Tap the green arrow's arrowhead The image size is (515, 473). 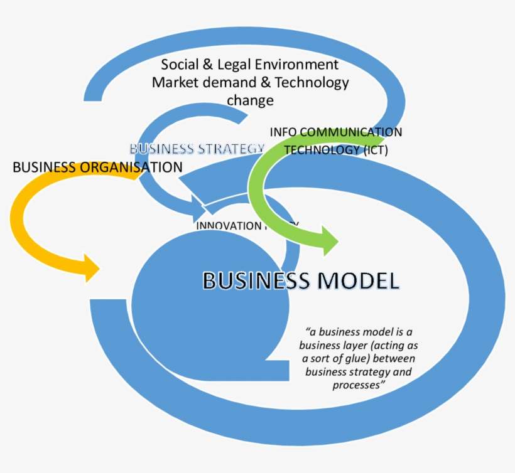tap(328, 241)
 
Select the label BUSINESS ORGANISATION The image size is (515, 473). tap(97, 167)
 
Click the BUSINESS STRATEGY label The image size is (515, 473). tap(197, 149)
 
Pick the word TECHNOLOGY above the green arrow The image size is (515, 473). tap(318, 150)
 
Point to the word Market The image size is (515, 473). tap(173, 82)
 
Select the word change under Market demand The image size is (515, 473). tap(250, 100)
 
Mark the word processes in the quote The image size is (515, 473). tap(358, 385)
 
